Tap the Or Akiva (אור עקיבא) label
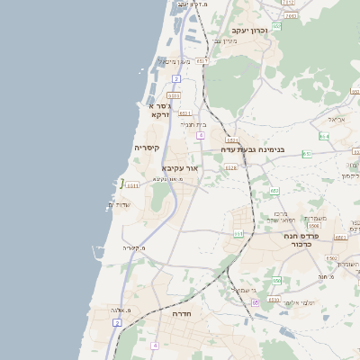[x=179, y=167]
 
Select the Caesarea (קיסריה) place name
[x=147, y=148]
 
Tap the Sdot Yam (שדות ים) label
[x=119, y=205]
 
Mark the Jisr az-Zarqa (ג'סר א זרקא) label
[x=158, y=110]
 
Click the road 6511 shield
[x=131, y=185]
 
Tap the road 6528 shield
[x=231, y=167]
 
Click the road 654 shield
[x=323, y=137]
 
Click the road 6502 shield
[x=331, y=258]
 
